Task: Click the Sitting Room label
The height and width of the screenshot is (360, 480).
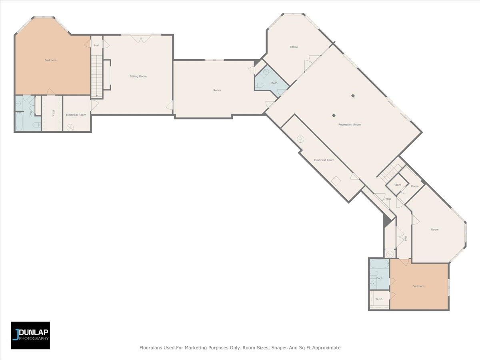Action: (138, 76)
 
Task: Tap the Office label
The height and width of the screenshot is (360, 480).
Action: (294, 47)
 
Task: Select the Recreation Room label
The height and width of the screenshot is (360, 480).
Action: (350, 124)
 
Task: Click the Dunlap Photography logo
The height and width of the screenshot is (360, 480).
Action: (30, 335)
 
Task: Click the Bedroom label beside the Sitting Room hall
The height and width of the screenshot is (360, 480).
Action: (50, 60)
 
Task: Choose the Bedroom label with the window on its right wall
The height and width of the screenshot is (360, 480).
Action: (418, 286)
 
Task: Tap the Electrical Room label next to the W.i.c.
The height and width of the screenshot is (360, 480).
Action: (76, 115)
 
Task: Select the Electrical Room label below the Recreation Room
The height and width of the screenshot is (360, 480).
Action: (324, 160)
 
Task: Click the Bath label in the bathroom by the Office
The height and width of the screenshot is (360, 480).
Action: (274, 83)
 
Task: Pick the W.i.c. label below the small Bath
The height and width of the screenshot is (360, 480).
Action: (379, 299)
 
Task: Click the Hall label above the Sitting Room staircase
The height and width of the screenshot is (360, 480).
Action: (97, 45)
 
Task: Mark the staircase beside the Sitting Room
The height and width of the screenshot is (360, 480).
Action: (97, 76)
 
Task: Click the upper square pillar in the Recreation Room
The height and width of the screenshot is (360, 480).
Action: (353, 96)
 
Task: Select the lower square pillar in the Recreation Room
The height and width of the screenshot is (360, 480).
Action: (334, 115)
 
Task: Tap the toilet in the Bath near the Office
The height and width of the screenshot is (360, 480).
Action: (259, 85)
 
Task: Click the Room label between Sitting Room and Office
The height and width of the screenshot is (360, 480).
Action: (217, 90)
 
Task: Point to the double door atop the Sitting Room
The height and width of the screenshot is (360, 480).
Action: (141, 39)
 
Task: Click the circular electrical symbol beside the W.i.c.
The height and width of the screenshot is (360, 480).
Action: (70, 128)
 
